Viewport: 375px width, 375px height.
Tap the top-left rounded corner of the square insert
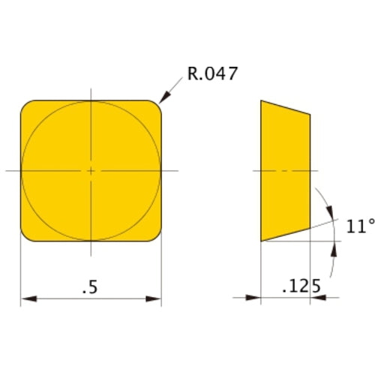(26, 106)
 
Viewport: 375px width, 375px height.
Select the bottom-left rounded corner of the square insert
(26, 236)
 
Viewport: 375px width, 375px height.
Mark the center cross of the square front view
(91, 171)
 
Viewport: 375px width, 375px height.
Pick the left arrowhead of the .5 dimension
(25, 300)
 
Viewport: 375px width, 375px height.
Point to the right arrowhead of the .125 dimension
(315, 298)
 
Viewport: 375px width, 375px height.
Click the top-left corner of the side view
(261, 100)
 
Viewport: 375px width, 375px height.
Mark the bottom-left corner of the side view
(261, 241)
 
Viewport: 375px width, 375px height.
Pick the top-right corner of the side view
(311, 115)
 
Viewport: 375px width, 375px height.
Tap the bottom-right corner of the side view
(311, 227)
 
